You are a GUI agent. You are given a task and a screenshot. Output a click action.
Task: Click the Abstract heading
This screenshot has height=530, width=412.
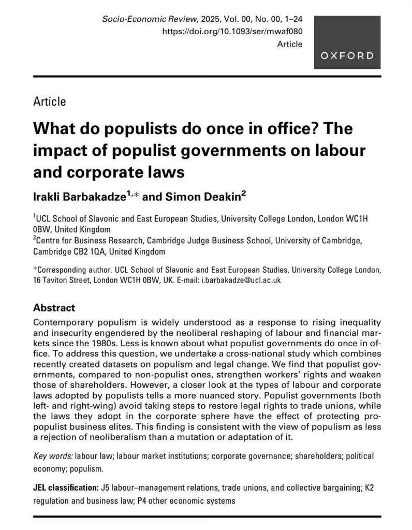point(54,307)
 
